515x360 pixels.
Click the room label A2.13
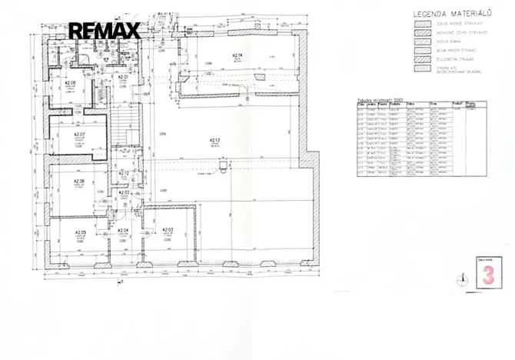214,139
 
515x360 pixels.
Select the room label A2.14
238,55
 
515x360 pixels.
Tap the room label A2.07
78,135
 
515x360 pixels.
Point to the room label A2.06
78,182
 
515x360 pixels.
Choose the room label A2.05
80,232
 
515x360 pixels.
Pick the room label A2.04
122,231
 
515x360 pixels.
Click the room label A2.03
168,231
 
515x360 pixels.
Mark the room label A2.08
69,82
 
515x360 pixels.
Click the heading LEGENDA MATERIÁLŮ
453,14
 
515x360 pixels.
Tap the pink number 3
487,276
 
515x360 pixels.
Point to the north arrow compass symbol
462,278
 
